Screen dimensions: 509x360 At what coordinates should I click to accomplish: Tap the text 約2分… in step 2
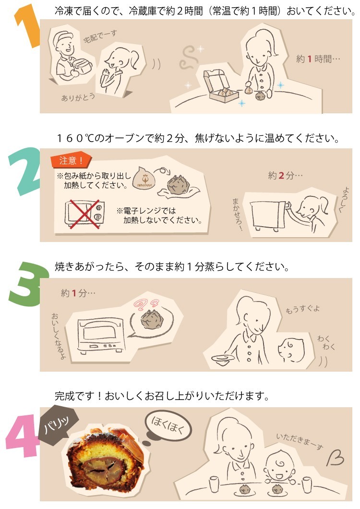[285, 176]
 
